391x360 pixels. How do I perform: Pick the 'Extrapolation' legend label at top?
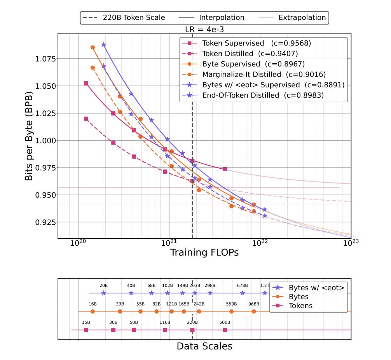[x=302, y=17]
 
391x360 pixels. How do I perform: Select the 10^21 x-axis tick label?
[x=169, y=243]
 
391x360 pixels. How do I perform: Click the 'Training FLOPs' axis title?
[x=204, y=252]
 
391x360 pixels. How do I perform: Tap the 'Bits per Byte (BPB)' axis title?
[x=29, y=136]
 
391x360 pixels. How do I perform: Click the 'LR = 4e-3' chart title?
[x=204, y=30]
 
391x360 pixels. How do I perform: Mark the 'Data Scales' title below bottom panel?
[x=204, y=346]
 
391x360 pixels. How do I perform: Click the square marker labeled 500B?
[x=225, y=330]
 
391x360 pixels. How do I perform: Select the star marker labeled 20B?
[x=103, y=293]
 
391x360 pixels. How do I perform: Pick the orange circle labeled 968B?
[x=253, y=311]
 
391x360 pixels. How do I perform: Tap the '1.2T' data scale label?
[x=265, y=285]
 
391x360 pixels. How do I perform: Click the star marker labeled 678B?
[x=243, y=293]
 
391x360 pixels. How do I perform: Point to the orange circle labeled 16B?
[x=93, y=311]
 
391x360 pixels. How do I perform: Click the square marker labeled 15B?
[x=86, y=330]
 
